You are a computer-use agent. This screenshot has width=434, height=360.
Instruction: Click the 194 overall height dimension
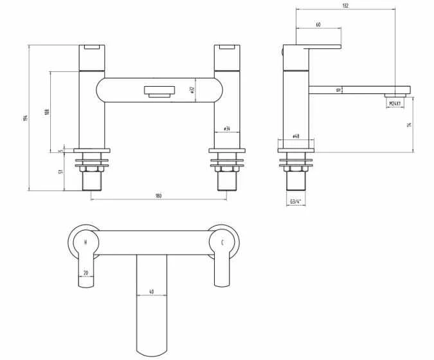25,118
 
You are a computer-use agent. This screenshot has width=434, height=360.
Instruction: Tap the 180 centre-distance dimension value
158,195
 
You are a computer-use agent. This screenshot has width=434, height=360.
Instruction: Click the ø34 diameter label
226,129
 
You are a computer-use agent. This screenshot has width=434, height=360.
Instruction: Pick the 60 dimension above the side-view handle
319,24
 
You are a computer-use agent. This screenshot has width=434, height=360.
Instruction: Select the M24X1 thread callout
395,104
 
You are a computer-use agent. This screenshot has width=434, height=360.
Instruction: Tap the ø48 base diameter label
296,136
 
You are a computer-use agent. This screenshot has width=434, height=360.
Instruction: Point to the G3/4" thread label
296,202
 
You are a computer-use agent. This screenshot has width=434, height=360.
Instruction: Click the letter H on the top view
86,242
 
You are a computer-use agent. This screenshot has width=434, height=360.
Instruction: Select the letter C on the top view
222,242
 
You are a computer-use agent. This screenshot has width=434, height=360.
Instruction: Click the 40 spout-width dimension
152,292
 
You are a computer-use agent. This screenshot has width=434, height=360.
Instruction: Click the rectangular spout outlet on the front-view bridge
158,91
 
